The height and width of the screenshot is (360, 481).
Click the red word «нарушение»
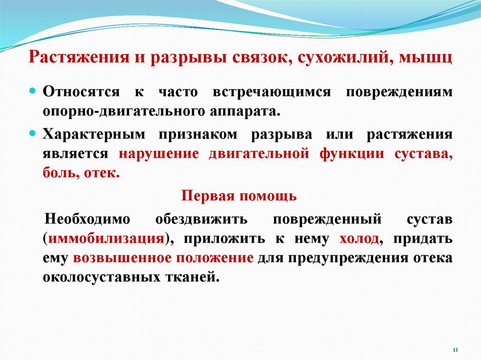159,154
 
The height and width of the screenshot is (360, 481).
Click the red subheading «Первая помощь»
239,196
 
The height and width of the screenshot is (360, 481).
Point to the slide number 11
455,350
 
